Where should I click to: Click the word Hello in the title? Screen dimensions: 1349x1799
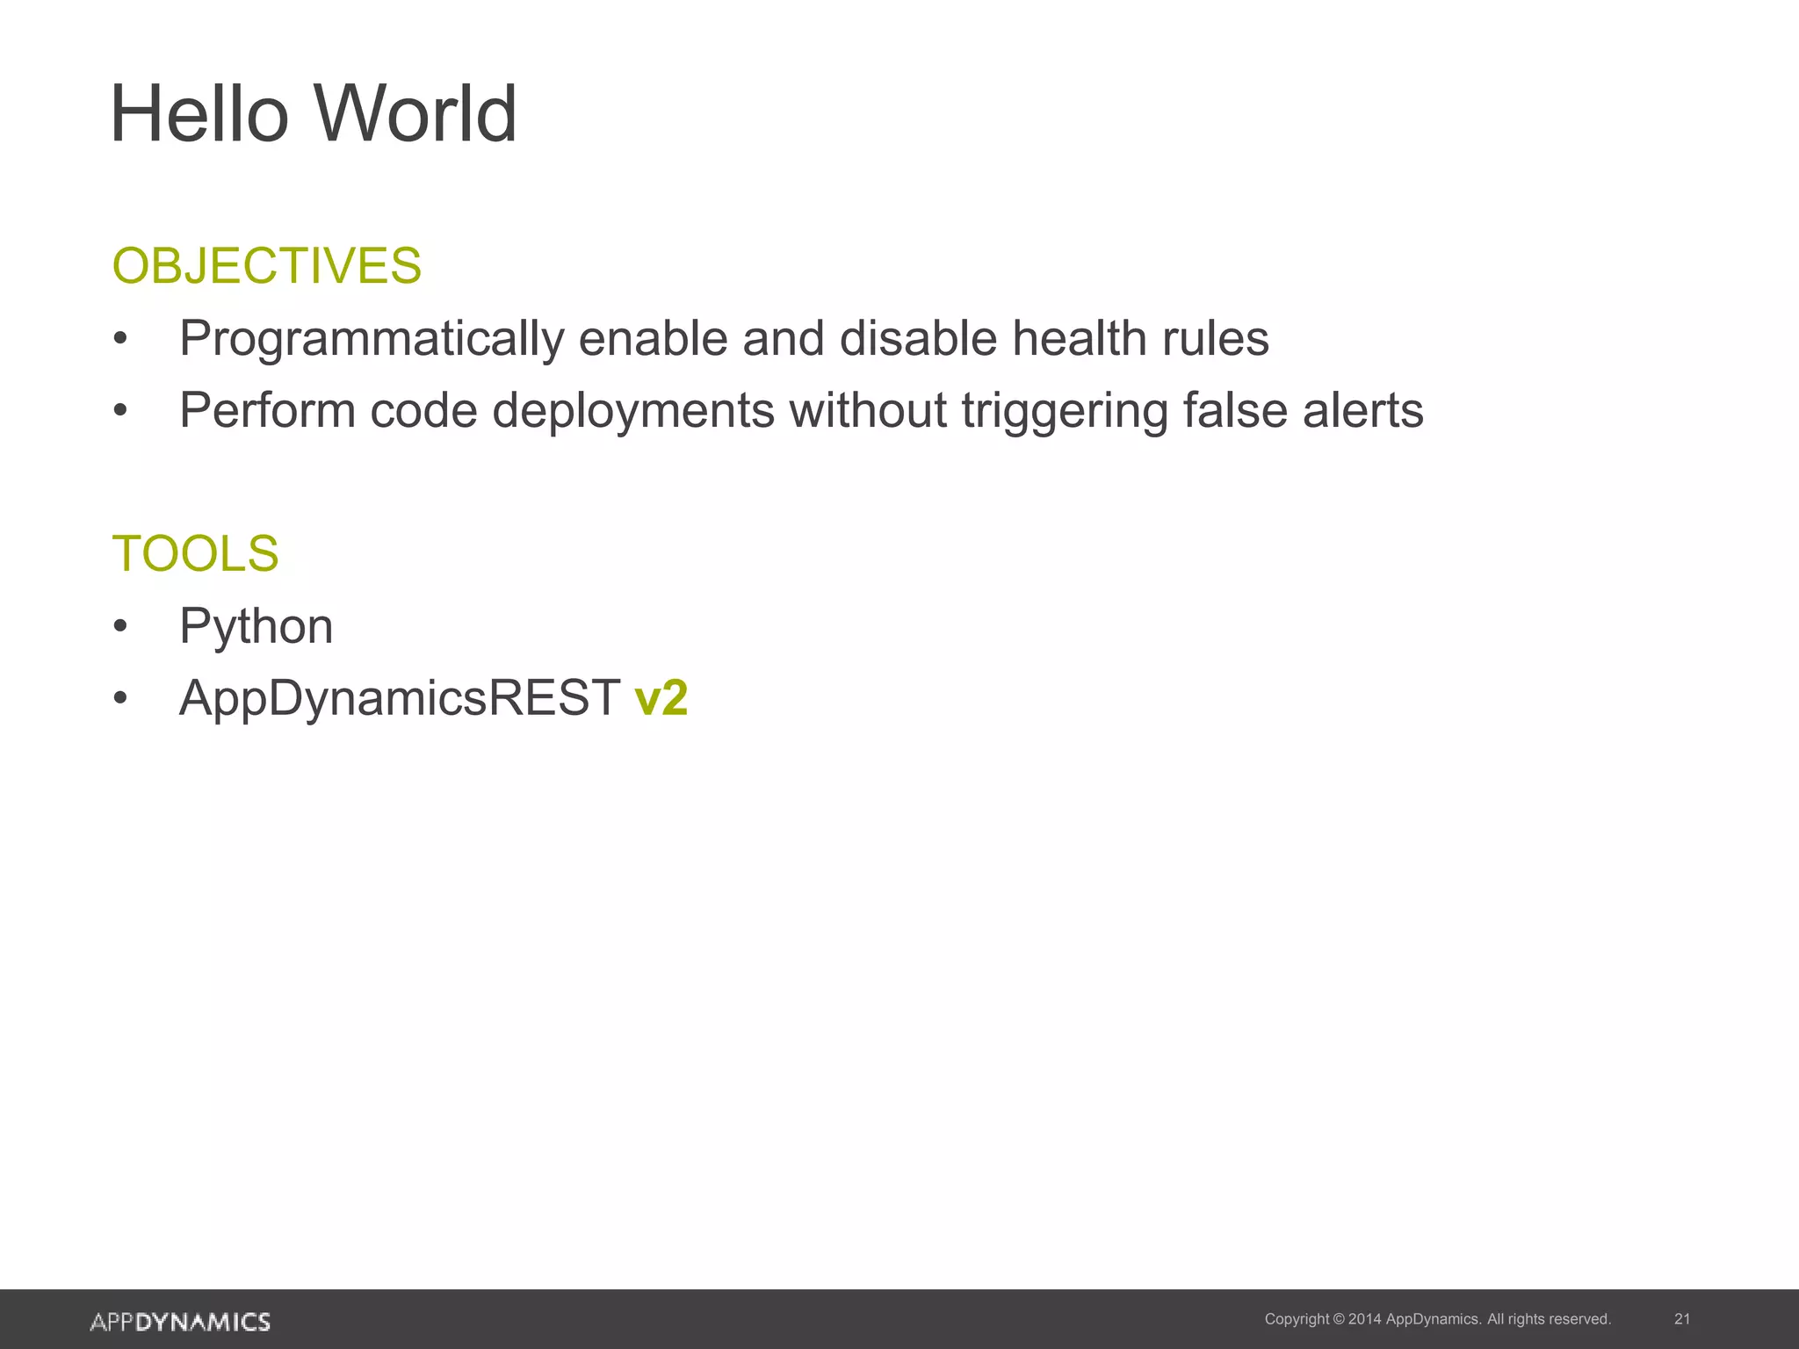199,114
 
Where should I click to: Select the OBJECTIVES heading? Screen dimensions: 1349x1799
267,265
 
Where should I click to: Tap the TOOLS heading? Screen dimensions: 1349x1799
195,553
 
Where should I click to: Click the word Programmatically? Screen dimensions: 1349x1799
371,339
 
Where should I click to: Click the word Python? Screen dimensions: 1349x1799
256,627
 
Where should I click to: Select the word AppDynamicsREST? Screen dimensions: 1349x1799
400,699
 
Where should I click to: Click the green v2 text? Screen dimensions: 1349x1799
661,699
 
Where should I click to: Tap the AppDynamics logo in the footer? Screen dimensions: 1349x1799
180,1321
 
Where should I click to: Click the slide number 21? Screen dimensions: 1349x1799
1682,1319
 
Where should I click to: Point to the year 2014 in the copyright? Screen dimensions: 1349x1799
1364,1319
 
